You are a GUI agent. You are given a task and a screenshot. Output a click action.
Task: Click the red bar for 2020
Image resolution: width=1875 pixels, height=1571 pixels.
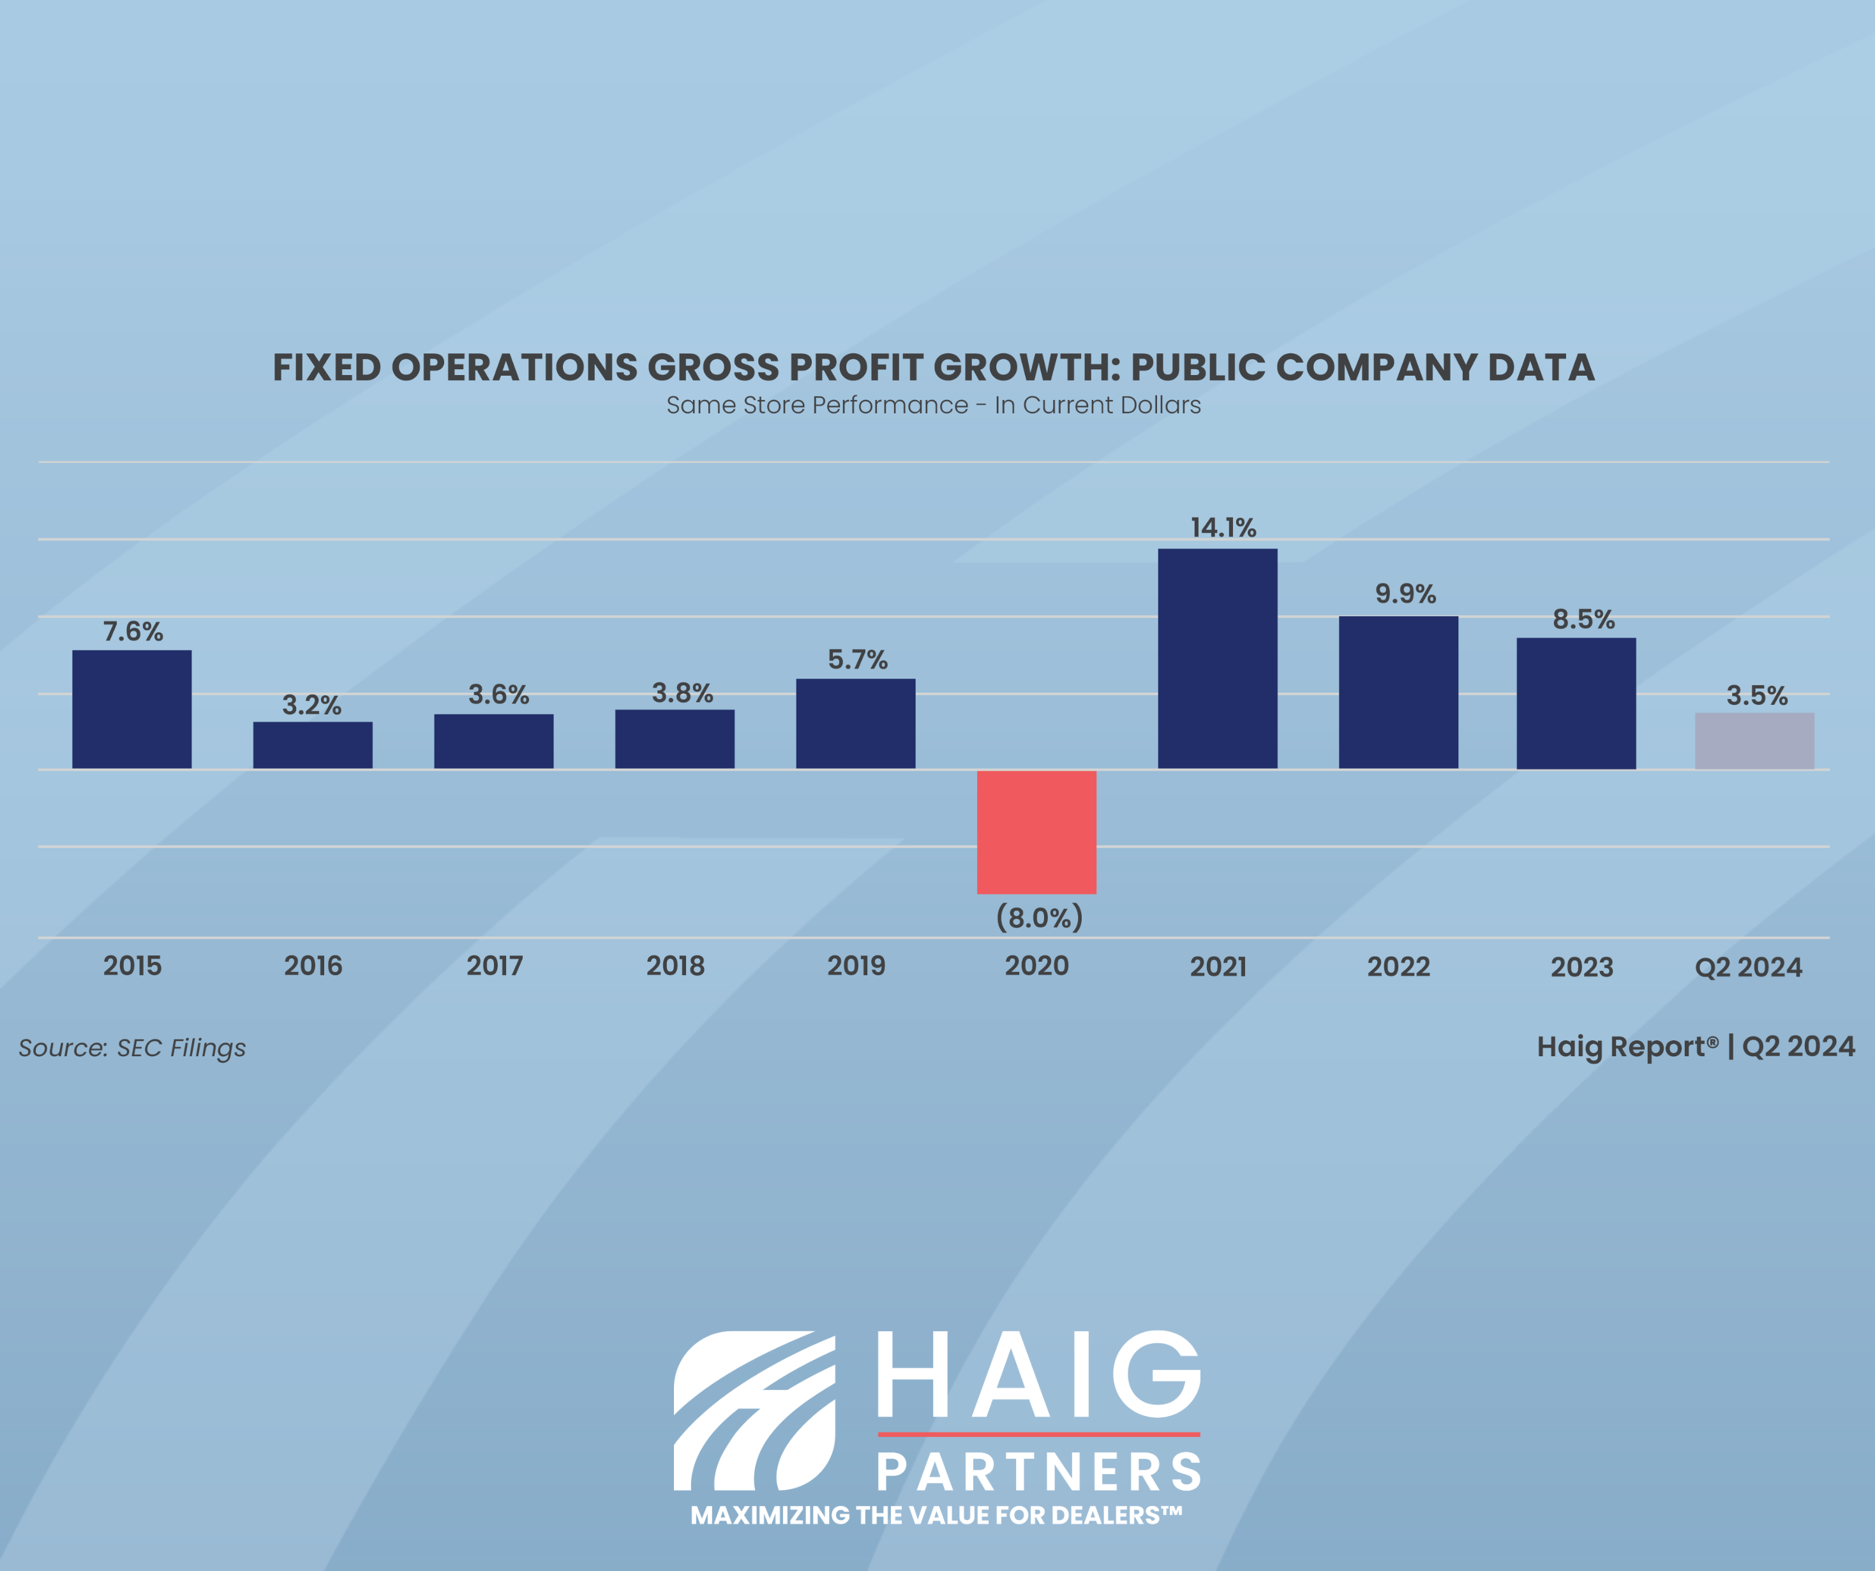coord(1036,832)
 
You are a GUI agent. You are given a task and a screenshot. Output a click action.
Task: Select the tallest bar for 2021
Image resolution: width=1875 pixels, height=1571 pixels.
coord(1217,659)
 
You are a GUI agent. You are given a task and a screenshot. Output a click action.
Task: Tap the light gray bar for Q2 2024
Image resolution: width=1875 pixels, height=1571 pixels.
coord(1754,741)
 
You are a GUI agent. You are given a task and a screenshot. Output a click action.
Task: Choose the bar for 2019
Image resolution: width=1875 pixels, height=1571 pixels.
coord(855,723)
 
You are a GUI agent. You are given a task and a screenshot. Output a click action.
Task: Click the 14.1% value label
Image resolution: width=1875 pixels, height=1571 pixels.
coord(1222,527)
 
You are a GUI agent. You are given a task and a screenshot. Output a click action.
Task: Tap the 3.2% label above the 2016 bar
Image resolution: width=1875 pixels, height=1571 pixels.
coord(311,705)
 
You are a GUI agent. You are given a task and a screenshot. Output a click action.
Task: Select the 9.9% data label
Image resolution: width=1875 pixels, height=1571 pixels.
coord(1405,594)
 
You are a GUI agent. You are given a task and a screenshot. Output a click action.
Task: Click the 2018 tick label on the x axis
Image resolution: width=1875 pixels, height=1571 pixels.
coord(675,966)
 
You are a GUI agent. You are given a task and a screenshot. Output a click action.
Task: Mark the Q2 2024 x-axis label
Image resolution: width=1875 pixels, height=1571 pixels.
coord(1747,967)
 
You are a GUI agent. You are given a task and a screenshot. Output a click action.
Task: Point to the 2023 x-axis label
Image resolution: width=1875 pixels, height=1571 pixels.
coord(1581,967)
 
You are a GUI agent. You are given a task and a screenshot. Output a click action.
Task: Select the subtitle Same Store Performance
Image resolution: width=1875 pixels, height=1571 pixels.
coord(816,405)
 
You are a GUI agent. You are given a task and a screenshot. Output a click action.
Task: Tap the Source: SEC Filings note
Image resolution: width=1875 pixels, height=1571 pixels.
coord(132,1047)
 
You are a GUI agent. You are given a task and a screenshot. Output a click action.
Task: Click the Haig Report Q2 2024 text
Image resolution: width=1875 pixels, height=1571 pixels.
coord(1694,1046)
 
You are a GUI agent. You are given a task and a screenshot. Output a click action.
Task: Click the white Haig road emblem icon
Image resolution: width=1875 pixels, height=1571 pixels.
coord(754,1410)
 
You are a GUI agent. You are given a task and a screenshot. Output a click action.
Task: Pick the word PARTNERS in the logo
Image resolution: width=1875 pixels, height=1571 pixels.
coord(1038,1472)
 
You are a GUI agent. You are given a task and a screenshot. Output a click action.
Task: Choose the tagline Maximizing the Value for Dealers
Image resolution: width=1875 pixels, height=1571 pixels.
coord(936,1515)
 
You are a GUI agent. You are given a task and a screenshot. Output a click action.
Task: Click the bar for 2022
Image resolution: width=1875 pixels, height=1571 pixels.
coord(1398,692)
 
